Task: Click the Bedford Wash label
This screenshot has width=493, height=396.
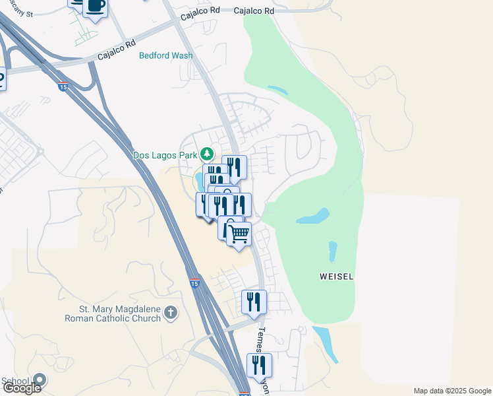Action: pos(165,55)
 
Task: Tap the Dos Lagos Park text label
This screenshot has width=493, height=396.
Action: pos(165,155)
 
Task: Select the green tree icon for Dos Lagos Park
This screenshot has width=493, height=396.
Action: pos(208,154)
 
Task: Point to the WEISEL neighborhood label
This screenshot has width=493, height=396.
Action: pos(337,277)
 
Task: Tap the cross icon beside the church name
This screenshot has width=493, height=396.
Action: pos(171,313)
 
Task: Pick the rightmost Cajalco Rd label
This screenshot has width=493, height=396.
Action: pos(254,11)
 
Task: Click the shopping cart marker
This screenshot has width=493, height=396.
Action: pos(239,233)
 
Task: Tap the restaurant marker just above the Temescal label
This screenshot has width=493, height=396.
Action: pos(254,302)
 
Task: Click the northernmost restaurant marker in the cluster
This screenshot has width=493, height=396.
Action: pos(234,166)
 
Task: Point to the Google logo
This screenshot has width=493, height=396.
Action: pos(22,388)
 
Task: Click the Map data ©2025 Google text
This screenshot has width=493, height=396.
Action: pos(451,391)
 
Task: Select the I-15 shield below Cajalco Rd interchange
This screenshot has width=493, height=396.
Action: pos(63,86)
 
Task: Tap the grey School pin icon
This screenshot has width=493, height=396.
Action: pos(40,380)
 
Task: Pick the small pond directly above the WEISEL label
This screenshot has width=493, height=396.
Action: pos(333,251)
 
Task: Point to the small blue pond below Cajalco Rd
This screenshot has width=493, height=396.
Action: pos(277,89)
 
